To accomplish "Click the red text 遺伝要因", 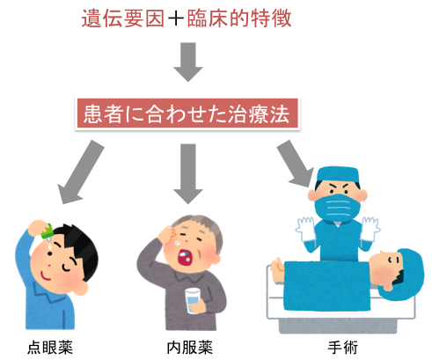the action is click(122, 18).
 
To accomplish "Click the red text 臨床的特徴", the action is click(239, 18).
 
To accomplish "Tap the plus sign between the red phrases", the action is click(176, 18).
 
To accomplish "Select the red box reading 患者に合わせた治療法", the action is click(187, 114).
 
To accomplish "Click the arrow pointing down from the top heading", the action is click(188, 62).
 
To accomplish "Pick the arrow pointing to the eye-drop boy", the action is click(80, 172).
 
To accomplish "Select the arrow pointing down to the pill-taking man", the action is click(188, 173).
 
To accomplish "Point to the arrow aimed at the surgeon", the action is click(295, 164).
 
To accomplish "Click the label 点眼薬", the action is click(50, 348).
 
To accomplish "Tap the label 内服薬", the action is click(189, 348).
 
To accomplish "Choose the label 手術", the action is click(342, 348).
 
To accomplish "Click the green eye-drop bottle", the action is click(47, 231).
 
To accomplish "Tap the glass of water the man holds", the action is click(193, 300).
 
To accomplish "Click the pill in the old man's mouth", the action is click(185, 254).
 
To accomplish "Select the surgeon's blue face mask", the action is click(338, 208).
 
